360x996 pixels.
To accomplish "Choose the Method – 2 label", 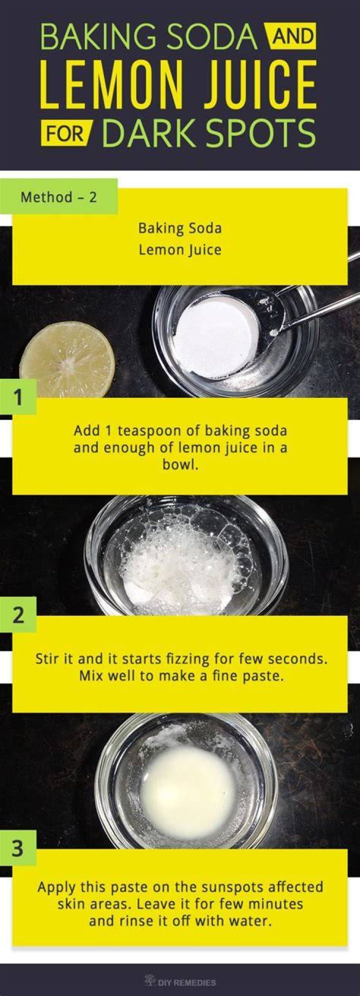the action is coord(59,197).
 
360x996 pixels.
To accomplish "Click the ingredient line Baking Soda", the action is coord(180,228).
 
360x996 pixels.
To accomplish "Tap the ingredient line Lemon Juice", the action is coord(180,249).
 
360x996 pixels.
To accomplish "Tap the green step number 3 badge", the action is coord(18,849).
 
